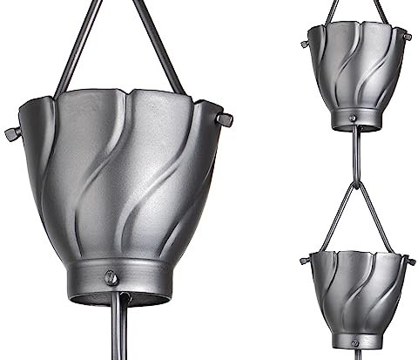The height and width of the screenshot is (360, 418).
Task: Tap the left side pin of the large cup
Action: click(11, 132)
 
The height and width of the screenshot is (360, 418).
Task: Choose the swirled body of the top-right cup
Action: click(357, 74)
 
